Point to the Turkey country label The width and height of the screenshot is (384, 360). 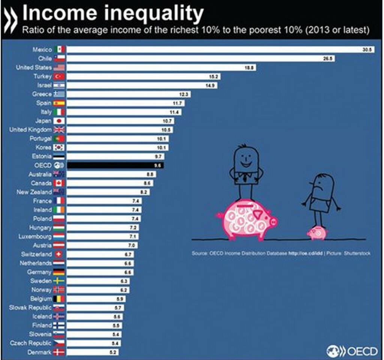point(42,76)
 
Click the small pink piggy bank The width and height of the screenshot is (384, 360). point(316,233)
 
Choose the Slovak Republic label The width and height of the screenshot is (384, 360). point(30,308)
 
